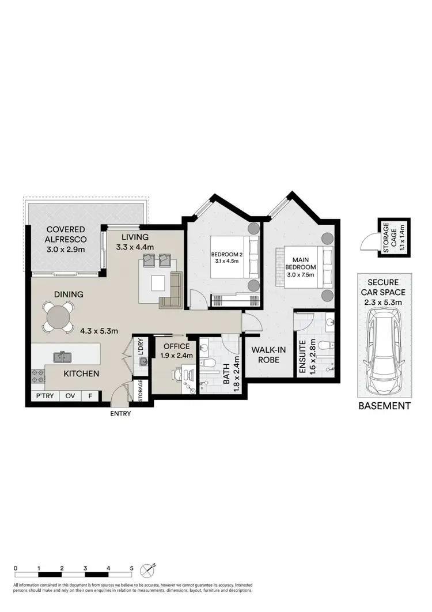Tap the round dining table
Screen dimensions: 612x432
pos(59,316)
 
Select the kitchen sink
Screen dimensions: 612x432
pos(62,357)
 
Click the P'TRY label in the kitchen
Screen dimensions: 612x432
pos(45,396)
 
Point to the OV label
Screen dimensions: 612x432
pos(70,396)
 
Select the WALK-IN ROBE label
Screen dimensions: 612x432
pos(264,354)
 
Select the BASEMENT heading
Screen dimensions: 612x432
pos(384,406)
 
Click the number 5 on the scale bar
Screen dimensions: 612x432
pos(132,568)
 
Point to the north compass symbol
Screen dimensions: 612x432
pos(149,571)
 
